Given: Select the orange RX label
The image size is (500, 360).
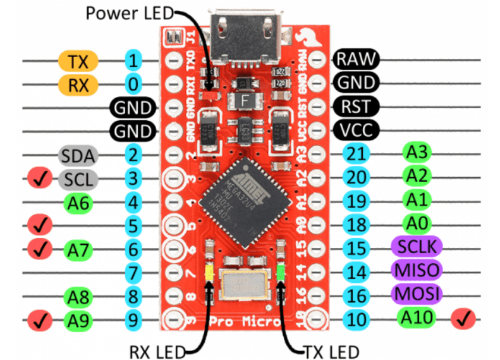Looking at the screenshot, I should point(79,84).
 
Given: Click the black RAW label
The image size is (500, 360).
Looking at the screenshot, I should point(357,59).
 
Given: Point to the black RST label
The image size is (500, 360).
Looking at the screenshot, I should point(355,106).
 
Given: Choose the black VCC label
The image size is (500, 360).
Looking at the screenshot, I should point(356,130).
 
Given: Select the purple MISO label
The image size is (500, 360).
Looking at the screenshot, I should point(416,271).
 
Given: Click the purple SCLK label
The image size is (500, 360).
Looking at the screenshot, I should point(416,247).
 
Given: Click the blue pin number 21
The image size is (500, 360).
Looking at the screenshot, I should point(357,154).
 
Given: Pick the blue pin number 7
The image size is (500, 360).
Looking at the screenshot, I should point(133,273).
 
